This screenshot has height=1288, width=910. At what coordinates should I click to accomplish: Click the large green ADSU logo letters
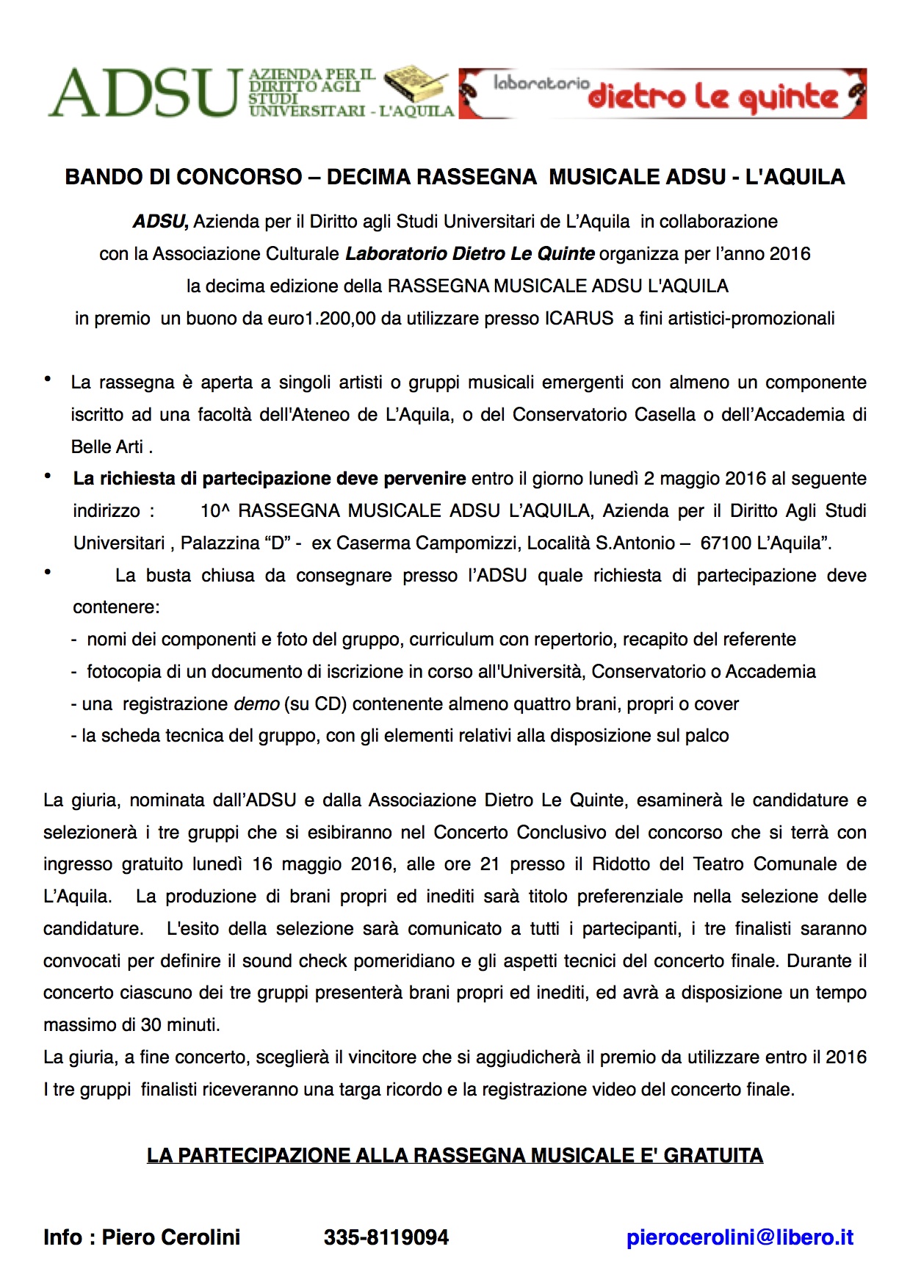tap(145, 93)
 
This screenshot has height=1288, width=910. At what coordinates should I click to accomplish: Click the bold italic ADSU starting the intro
tap(160, 222)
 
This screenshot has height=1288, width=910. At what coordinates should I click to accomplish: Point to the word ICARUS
tap(579, 319)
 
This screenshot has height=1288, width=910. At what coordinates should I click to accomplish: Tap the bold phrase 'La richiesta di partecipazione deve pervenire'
tap(269, 479)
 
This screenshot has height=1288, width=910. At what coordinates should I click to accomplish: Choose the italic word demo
tap(256, 704)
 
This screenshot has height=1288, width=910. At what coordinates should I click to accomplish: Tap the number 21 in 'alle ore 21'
tap(490, 864)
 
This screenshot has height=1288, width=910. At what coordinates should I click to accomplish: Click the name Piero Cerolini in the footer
tap(170, 1237)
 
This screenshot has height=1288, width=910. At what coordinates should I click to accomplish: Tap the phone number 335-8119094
tap(386, 1237)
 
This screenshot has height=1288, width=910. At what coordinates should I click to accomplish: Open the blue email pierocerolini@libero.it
tap(740, 1237)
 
